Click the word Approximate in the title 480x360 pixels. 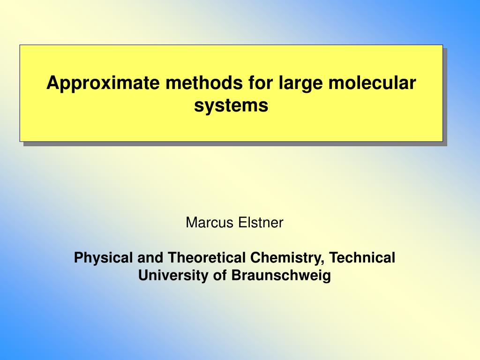103,83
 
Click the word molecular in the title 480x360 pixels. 372,82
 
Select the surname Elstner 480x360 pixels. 261,222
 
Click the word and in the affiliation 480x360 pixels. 150,257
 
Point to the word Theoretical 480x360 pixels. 207,257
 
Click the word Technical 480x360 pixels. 362,257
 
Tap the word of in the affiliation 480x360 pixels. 220,275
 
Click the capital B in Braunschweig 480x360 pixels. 236,275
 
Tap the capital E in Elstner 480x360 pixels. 242,223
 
